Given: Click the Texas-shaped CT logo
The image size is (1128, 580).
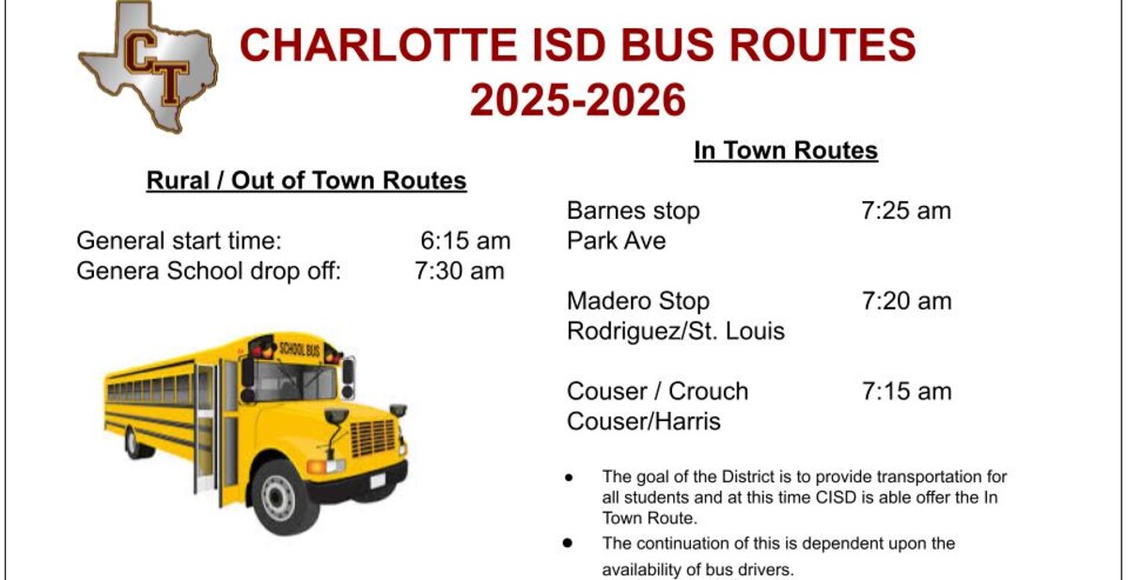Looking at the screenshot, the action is (149, 68).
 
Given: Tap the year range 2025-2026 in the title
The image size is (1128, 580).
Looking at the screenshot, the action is (578, 100).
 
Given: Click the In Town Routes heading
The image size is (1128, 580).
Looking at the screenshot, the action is (786, 150).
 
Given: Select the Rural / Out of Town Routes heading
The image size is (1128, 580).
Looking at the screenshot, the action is (306, 180).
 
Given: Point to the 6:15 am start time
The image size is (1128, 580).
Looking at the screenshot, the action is (465, 241).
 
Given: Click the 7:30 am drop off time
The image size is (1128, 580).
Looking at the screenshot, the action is (460, 271).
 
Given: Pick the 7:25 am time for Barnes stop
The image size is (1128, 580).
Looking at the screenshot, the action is (906, 211).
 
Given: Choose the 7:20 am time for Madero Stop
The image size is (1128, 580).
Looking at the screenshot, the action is (906, 301).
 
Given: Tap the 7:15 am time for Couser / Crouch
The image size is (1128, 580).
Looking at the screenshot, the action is (906, 391).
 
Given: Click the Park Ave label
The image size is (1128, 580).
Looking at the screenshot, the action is (617, 241).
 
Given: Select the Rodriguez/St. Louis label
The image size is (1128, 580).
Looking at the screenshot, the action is (676, 331).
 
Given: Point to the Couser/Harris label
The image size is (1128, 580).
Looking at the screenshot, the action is (644, 421).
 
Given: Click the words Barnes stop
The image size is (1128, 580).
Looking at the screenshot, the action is (633, 211).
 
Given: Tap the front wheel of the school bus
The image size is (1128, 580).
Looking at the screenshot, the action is (279, 497).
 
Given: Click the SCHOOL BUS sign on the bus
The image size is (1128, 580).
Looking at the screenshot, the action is (299, 349).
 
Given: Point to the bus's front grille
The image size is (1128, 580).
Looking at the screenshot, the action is (372, 438).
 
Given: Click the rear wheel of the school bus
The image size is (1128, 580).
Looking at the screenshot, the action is (133, 443).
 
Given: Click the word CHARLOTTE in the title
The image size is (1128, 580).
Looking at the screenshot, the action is (379, 45).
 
